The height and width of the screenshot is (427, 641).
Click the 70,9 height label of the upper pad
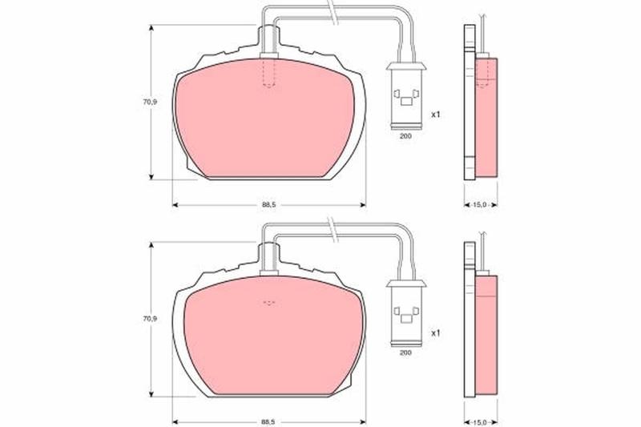[x=150, y=103]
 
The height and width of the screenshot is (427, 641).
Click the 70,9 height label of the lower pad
[x=150, y=319]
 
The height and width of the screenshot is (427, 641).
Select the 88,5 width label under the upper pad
[x=269, y=205]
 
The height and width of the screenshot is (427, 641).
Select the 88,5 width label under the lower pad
[x=269, y=421]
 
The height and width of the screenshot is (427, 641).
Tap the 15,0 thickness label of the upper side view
[x=481, y=205]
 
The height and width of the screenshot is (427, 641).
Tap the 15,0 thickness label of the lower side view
[x=481, y=421]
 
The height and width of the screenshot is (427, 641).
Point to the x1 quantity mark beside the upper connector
[x=436, y=115]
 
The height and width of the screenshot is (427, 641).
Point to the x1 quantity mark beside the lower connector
[x=436, y=333]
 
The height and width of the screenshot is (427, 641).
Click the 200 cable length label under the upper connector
[x=405, y=136]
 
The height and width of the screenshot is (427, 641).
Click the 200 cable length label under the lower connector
[x=405, y=352]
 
